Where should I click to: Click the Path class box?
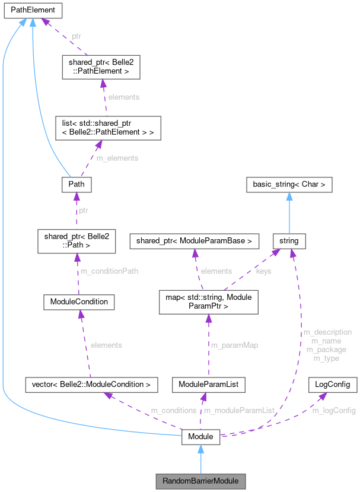click(x=76, y=184)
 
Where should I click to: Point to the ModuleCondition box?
click(x=79, y=301)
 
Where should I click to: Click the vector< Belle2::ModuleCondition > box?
click(x=91, y=385)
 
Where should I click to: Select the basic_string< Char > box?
click(x=289, y=184)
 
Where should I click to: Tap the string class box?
click(x=289, y=240)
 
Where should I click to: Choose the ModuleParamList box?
click(x=208, y=385)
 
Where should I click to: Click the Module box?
click(x=200, y=437)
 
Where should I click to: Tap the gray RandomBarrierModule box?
click(x=200, y=480)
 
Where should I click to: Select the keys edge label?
click(x=263, y=271)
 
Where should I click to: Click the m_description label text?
click(x=327, y=332)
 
